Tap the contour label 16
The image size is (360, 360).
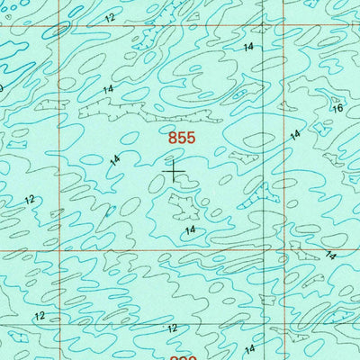[337, 108]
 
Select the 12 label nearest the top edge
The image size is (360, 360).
[109, 18]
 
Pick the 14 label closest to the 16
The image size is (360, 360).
[294, 134]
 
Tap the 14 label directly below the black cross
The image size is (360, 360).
[190, 230]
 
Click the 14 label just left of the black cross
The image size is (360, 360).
[114, 160]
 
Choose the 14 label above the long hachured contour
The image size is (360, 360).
[108, 89]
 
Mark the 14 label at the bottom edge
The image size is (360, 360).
[250, 349]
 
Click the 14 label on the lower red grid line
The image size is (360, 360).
[330, 255]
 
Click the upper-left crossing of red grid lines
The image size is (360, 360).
[60, 24]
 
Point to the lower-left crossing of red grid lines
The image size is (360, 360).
[60, 250]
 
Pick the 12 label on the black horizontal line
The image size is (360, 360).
[171, 328]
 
